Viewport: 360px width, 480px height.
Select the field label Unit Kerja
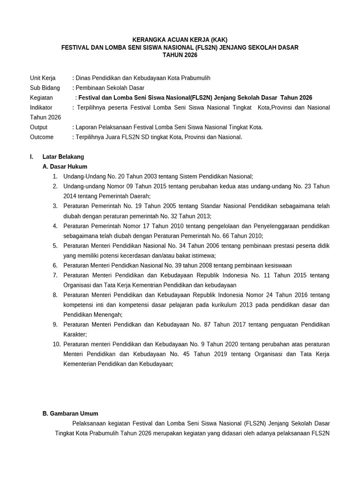coord(43,78)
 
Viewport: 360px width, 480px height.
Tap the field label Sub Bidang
coord(45,88)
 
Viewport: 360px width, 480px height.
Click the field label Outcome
coord(42,137)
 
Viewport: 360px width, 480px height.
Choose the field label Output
coord(39,127)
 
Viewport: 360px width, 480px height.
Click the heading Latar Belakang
coord(63,157)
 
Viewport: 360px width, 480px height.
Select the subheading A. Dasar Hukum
coord(65,166)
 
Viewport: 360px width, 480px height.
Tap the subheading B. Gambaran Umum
coord(70,413)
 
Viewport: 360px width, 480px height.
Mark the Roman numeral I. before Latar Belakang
coord(31,157)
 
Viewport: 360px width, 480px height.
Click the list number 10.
coord(57,344)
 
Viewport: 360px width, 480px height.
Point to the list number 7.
coord(55,275)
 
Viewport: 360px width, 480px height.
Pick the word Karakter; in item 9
coord(75,334)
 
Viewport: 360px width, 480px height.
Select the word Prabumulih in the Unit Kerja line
coord(188,78)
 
